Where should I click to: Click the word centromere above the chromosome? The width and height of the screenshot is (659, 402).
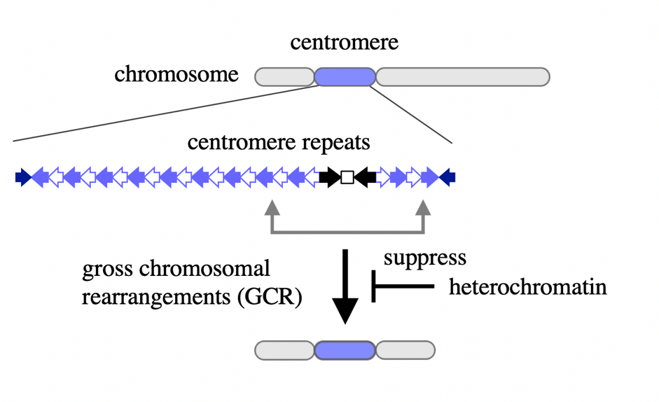pyautogui.click(x=344, y=43)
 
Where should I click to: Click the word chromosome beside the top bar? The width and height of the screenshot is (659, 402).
pyautogui.click(x=176, y=74)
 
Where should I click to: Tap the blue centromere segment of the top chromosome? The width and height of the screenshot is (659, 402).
pyautogui.click(x=345, y=76)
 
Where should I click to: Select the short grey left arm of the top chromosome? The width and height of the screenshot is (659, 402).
pyautogui.click(x=284, y=76)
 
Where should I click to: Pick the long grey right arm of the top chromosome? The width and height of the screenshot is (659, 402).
pyautogui.click(x=463, y=76)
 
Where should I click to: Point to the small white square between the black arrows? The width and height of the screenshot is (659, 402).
pyautogui.click(x=347, y=177)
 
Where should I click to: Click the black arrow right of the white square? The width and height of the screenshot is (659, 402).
pyautogui.click(x=365, y=177)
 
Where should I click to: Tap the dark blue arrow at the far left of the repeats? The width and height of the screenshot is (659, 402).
pyautogui.click(x=22, y=177)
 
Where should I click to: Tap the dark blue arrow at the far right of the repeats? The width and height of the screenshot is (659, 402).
pyautogui.click(x=448, y=177)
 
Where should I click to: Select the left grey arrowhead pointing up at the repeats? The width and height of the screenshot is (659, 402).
pyautogui.click(x=272, y=206)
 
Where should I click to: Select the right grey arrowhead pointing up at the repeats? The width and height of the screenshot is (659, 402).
pyautogui.click(x=424, y=206)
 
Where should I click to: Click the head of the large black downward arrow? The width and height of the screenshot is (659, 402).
pyautogui.click(x=345, y=309)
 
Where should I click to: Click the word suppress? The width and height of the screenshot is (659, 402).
pyautogui.click(x=424, y=258)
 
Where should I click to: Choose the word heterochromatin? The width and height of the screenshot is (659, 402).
pyautogui.click(x=527, y=286)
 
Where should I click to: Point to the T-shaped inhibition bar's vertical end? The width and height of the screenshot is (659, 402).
pyautogui.click(x=374, y=286)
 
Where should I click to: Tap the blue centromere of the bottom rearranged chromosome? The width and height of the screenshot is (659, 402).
pyautogui.click(x=345, y=349)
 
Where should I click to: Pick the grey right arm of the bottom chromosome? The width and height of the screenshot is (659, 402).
pyautogui.click(x=405, y=349)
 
